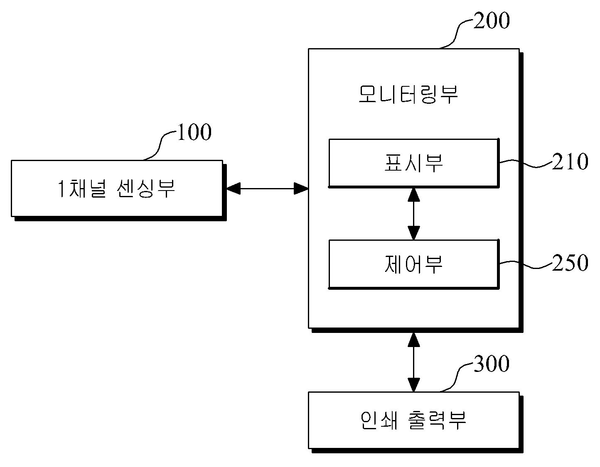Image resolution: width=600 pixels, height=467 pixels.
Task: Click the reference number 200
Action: click(492, 21)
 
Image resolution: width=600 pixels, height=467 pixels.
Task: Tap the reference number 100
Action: click(194, 132)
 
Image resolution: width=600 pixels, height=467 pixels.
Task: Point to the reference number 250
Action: click(570, 262)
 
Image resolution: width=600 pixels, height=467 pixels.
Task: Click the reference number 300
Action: click(492, 364)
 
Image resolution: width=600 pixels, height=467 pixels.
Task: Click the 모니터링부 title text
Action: click(408, 94)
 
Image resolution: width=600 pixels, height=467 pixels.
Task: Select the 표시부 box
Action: click(414, 163)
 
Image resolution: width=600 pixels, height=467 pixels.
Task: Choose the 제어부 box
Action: click(414, 264)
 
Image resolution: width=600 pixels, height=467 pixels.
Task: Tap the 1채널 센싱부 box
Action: click(119, 191)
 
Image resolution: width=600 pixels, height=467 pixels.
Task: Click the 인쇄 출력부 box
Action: click(416, 422)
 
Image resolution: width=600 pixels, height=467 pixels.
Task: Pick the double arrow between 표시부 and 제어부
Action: click(414, 214)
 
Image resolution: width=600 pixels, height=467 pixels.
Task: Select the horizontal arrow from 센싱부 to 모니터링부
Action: click(267, 189)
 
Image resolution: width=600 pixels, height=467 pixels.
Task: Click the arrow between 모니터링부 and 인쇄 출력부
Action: click(414, 362)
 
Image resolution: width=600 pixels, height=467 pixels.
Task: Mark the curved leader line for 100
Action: click(160, 146)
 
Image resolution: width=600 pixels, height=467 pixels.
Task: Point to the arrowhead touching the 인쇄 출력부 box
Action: click(414, 385)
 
